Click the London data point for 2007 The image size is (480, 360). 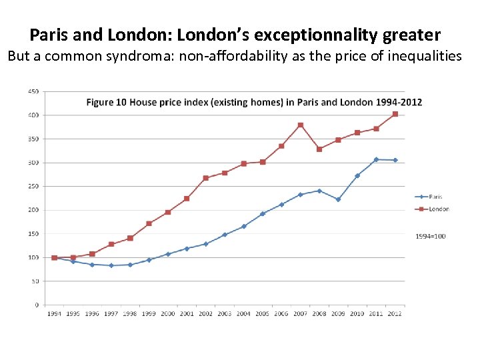[x=301, y=125]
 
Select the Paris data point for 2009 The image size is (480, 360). [x=338, y=199]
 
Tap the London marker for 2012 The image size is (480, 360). [x=395, y=114]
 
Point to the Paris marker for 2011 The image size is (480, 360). [x=376, y=159]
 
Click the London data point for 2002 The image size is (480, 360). [x=206, y=178]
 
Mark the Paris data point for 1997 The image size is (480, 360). [x=111, y=265]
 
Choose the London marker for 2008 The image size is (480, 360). [x=319, y=149]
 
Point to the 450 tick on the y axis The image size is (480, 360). [x=33, y=91]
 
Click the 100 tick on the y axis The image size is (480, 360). [x=33, y=257]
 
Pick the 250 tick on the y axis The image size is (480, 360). [x=33, y=186]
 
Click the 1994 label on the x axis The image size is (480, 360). [x=54, y=314]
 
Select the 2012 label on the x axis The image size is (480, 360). [x=395, y=314]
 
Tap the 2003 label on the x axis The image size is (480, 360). [x=225, y=314]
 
